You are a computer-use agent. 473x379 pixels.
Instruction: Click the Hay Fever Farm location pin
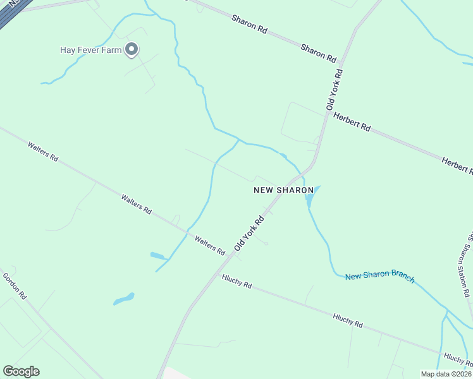click(132, 49)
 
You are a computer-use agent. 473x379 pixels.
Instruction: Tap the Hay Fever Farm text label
click(90, 50)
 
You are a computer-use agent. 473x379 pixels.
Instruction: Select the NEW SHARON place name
click(284, 189)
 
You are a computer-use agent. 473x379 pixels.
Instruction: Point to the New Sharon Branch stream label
click(379, 277)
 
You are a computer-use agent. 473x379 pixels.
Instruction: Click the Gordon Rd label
click(15, 286)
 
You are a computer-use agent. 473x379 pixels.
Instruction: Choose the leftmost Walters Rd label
click(43, 152)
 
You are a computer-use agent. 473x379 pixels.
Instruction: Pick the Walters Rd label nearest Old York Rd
click(210, 245)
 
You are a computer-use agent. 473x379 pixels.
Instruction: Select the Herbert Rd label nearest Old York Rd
click(352, 121)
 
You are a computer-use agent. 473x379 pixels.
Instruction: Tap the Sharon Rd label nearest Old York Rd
click(318, 52)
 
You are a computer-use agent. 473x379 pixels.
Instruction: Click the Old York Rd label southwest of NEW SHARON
click(249, 234)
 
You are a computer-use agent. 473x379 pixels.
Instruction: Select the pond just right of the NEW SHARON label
click(309, 199)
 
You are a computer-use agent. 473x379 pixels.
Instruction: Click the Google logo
click(21, 371)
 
